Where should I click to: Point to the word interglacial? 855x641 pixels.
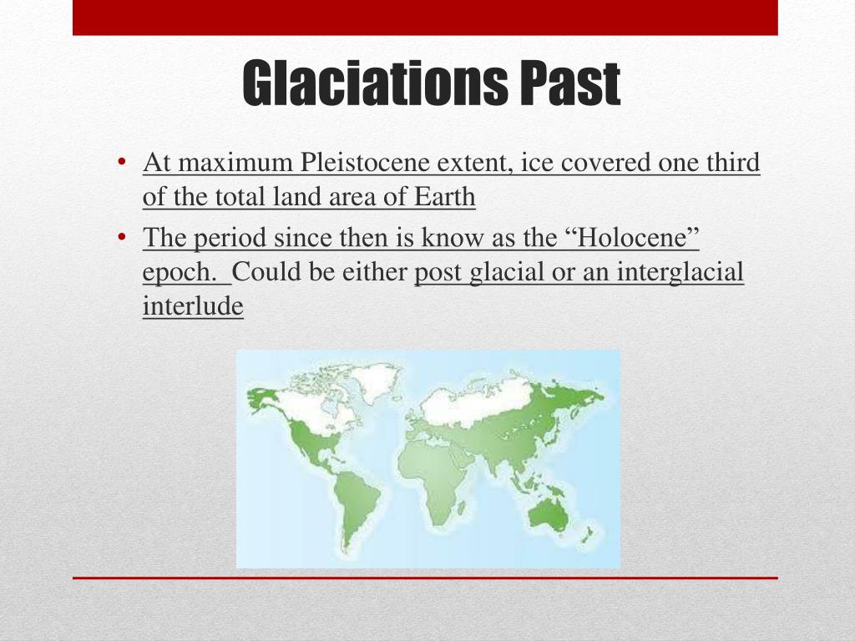[x=680, y=272]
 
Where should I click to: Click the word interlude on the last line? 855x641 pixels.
[x=193, y=305]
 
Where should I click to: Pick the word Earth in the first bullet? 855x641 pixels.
[x=444, y=197]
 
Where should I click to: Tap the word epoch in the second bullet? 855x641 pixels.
[x=180, y=272]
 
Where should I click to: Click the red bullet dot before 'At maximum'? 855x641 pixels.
[x=122, y=162]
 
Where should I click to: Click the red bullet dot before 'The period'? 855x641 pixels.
[x=122, y=237]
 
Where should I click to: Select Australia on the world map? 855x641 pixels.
[x=549, y=514]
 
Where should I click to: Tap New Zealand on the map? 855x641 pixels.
[x=587, y=534]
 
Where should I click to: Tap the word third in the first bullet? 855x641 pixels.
[x=733, y=163]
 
